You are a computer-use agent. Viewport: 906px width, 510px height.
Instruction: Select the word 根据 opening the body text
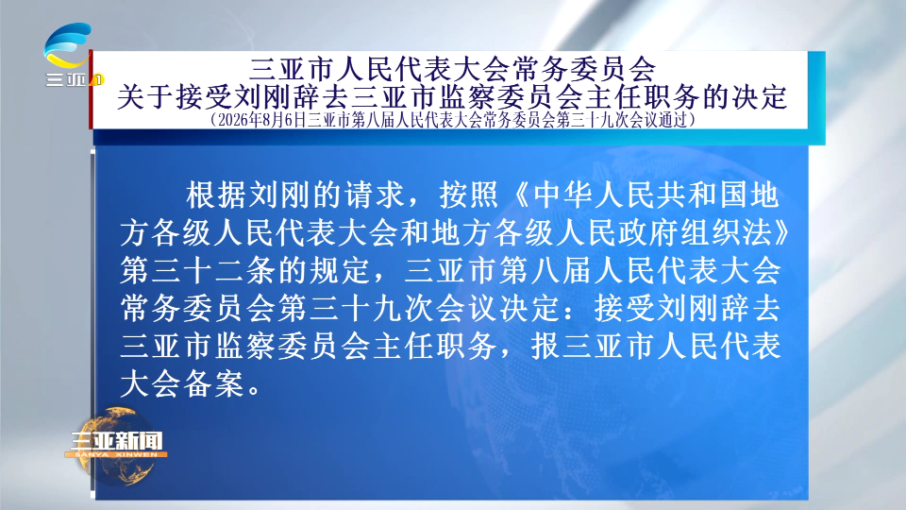[216, 195]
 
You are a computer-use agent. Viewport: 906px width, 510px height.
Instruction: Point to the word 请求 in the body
[374, 195]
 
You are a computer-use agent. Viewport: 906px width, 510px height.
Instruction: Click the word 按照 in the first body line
[469, 195]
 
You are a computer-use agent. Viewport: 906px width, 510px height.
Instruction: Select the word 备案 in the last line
[214, 384]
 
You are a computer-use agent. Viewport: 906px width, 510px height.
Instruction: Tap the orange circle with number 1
[98, 79]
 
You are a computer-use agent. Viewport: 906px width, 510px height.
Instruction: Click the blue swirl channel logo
[68, 44]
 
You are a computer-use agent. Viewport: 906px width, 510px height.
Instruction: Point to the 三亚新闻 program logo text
[116, 441]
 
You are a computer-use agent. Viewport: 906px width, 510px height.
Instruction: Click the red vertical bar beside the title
[91, 90]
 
